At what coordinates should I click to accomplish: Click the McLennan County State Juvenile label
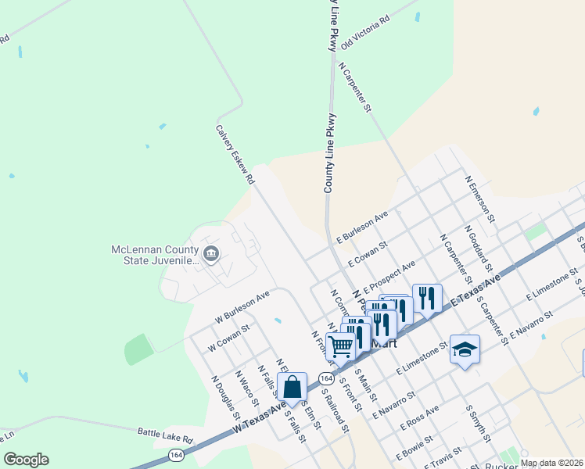[x=154, y=256]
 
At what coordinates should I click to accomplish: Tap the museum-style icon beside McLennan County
[x=210, y=254]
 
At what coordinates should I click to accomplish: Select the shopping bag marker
[x=292, y=388]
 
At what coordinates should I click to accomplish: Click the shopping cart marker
[x=340, y=345]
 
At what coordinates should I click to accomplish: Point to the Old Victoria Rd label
[x=364, y=34]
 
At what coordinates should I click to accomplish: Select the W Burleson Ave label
[x=242, y=307]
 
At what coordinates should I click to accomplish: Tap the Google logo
[x=26, y=459]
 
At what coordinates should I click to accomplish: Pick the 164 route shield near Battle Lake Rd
[x=177, y=455]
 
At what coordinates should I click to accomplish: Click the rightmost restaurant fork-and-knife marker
[x=427, y=298]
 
